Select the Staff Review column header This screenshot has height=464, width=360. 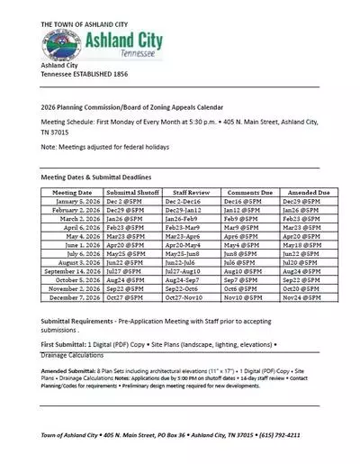191,193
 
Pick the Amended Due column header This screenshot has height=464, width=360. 308,193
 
